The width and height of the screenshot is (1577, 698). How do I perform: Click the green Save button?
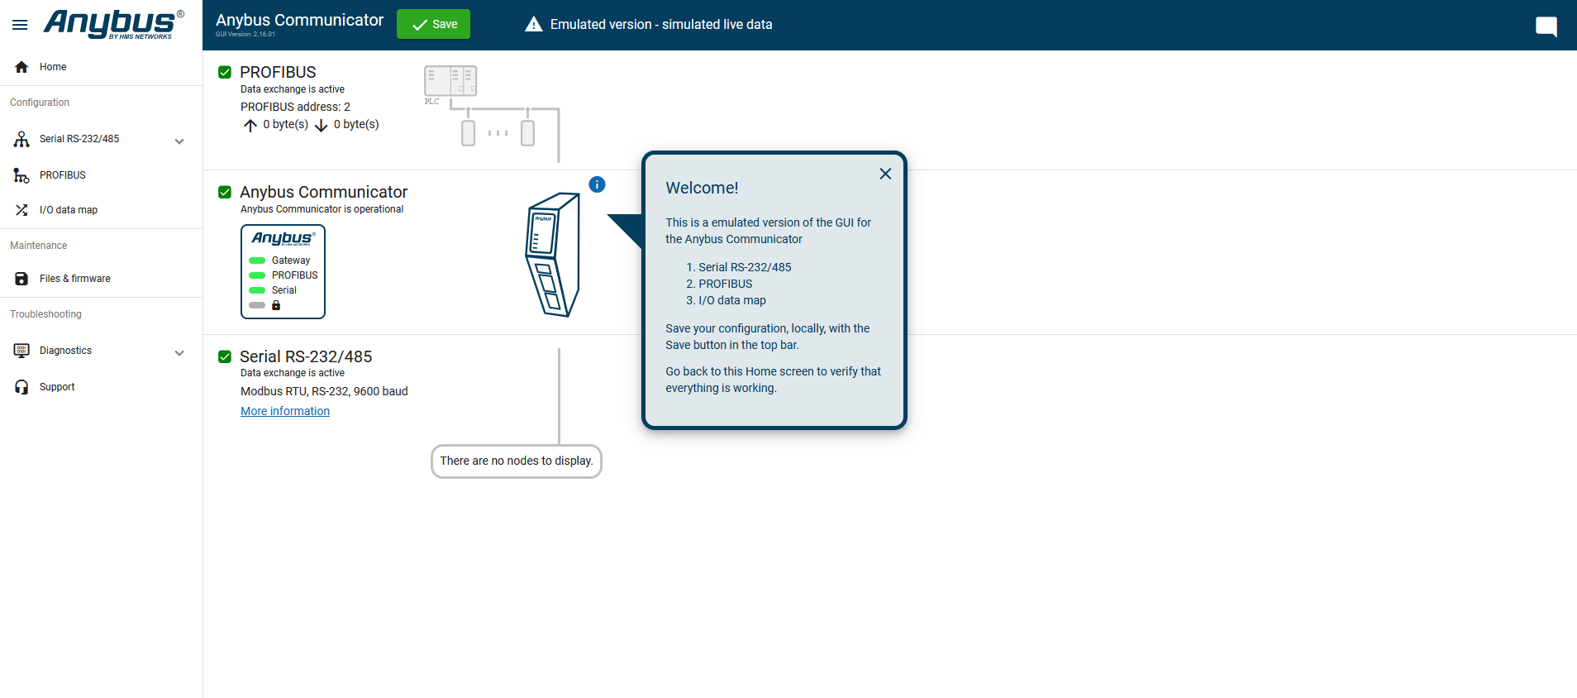pyautogui.click(x=433, y=24)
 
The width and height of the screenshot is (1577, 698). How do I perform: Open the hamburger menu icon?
pyautogui.click(x=20, y=25)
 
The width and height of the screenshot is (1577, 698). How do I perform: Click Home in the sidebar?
pyautogui.click(x=53, y=67)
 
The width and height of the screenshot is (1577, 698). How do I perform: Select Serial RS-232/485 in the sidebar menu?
pyautogui.click(x=79, y=139)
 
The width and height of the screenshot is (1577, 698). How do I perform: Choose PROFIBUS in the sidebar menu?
pyautogui.click(x=63, y=175)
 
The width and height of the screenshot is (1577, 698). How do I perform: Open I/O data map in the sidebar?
pyautogui.click(x=69, y=210)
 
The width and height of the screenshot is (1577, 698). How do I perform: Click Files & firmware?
pyautogui.click(x=75, y=279)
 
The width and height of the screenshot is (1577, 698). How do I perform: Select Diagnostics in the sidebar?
pyautogui.click(x=66, y=351)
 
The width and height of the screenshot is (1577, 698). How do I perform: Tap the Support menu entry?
pyautogui.click(x=57, y=387)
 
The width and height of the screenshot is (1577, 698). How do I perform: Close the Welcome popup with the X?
pyautogui.click(x=885, y=174)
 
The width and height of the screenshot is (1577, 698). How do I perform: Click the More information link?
pyautogui.click(x=285, y=411)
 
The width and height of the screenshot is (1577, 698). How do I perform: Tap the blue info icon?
pyautogui.click(x=597, y=184)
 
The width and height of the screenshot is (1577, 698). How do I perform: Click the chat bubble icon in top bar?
pyautogui.click(x=1546, y=26)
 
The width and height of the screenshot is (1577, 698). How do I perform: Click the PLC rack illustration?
pyautogui.click(x=450, y=81)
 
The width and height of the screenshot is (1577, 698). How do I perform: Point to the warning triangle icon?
pyautogui.click(x=534, y=24)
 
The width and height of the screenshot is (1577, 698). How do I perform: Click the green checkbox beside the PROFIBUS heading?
pyautogui.click(x=225, y=72)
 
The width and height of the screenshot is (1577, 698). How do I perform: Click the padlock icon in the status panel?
pyautogui.click(x=276, y=305)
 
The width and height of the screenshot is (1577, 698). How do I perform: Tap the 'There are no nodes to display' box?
pyautogui.click(x=517, y=461)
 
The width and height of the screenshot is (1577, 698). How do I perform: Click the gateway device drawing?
pyautogui.click(x=553, y=255)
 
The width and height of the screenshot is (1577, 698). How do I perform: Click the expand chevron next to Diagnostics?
pyautogui.click(x=179, y=353)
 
